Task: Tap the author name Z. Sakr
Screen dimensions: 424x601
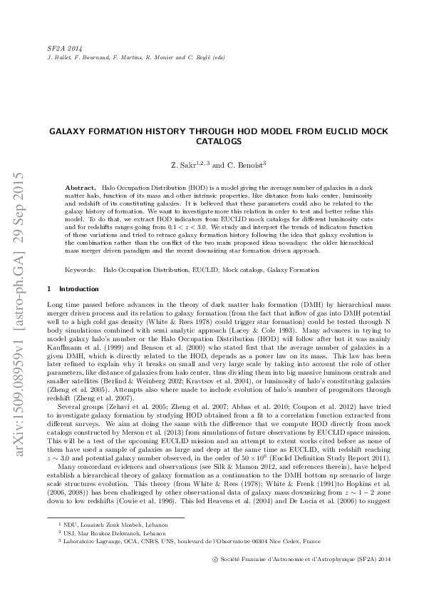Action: click(183, 166)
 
